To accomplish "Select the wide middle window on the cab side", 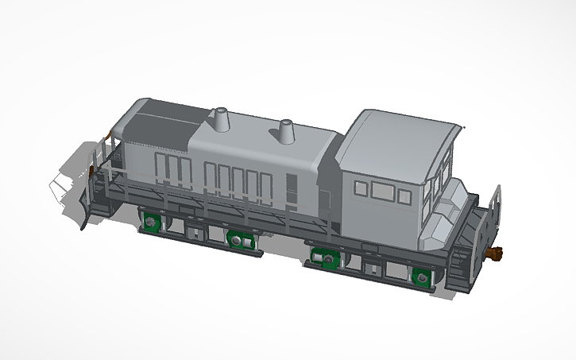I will pos(385,190).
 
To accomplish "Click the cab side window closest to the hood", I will pos(361,188).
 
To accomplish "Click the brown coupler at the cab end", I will pos(498,253).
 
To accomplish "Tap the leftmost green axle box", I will pos(150,220).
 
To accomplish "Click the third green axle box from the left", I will pos(323,258).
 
